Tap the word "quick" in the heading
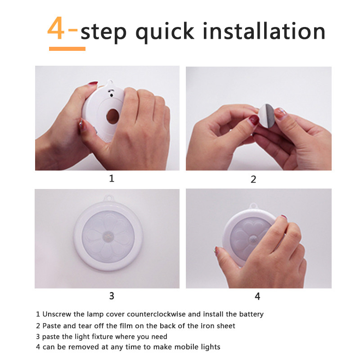165,32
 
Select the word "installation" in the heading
264,31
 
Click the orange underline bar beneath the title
67,49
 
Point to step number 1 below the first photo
112,178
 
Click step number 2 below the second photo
253,179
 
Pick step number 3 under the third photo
112,296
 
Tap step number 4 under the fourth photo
257,297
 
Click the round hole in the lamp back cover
112,117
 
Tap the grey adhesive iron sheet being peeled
267,116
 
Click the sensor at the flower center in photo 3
108,236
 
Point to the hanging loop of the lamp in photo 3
109,198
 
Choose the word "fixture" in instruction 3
104,337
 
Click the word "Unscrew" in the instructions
57,314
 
